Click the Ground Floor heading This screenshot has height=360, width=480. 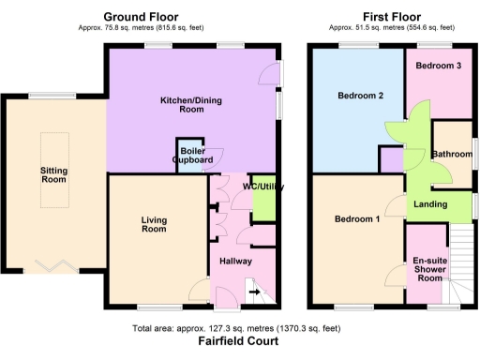[142, 17]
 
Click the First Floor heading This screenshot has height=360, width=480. [391, 17]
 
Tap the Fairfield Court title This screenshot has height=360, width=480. [238, 342]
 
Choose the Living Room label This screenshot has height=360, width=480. [154, 223]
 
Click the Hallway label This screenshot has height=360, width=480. [235, 261]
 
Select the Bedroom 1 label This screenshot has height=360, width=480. [357, 220]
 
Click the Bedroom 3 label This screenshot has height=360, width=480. [438, 65]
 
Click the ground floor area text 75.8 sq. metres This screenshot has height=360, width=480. [142, 29]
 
